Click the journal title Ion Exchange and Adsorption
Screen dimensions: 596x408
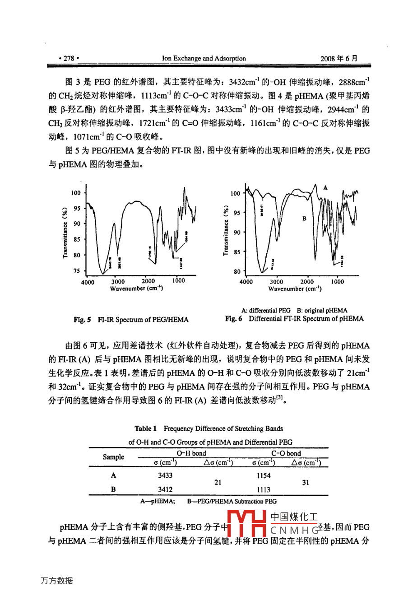(x=204, y=58)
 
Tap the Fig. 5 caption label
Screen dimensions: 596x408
(x=83, y=320)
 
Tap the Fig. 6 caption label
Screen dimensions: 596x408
(x=234, y=319)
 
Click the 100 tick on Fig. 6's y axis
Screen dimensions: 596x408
(x=235, y=194)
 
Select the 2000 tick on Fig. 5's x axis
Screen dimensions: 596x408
(x=148, y=281)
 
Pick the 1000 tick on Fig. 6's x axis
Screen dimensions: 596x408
(x=337, y=282)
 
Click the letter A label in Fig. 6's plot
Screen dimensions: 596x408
(x=325, y=187)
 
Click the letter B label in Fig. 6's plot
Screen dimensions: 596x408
(x=304, y=219)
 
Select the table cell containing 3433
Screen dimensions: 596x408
(x=165, y=475)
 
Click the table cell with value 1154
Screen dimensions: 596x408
(x=264, y=475)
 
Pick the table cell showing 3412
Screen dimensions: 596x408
(x=165, y=489)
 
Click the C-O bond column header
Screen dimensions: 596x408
(x=286, y=453)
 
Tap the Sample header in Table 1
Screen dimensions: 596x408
(x=113, y=457)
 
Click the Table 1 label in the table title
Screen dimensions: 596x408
(x=145, y=428)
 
